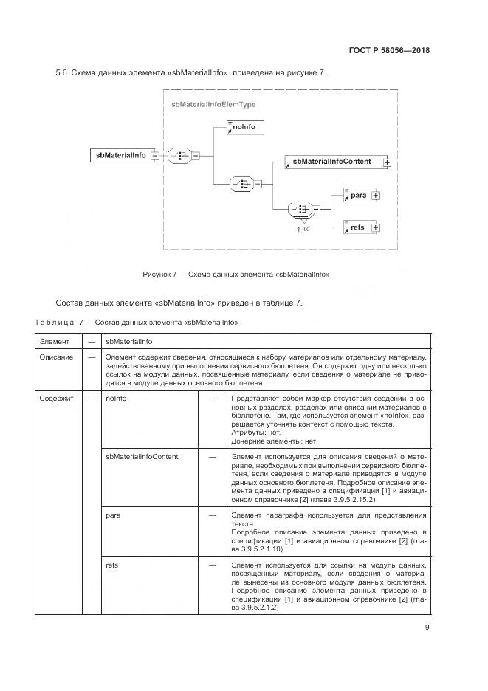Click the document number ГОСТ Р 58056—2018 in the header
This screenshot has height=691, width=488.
coord(388,51)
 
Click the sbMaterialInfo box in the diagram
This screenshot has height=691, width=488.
coord(119,155)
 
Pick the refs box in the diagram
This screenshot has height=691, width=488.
coord(357,227)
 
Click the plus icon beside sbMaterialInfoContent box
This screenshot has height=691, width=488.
coord(386,162)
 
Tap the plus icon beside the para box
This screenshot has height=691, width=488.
coord(376,196)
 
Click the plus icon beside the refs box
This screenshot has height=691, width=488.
coord(376,228)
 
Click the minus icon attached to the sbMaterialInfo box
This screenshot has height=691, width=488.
coord(154,156)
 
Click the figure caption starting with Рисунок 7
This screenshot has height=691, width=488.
coord(236,275)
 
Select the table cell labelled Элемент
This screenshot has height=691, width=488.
coord(55,342)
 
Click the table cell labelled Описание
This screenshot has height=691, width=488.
coord(57,357)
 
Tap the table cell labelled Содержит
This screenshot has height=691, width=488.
coord(58,398)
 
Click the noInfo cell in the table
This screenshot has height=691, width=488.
coord(117,398)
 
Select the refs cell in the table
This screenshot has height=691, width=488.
coord(113,565)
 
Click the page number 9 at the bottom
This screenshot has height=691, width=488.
coord(427,628)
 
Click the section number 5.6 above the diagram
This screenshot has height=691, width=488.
coord(62,72)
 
